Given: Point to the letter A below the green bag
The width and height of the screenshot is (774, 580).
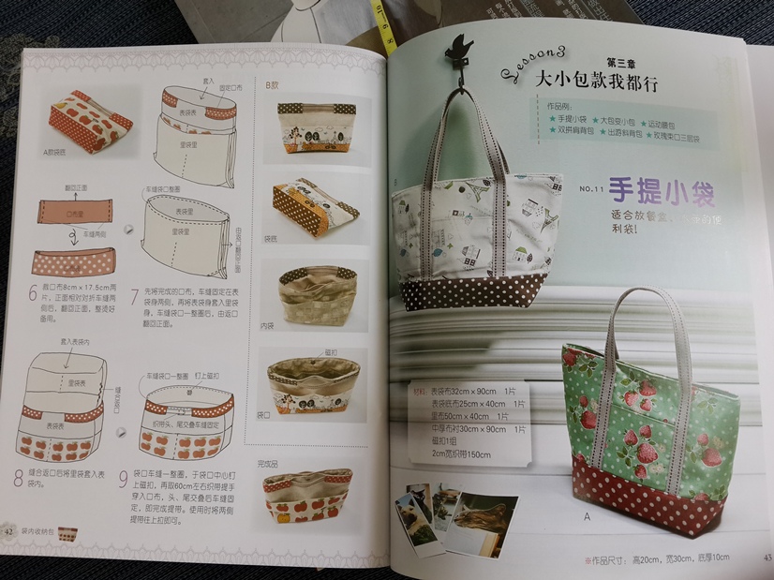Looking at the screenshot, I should [x=588, y=514].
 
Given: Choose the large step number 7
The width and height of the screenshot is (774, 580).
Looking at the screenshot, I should [x=138, y=295].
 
